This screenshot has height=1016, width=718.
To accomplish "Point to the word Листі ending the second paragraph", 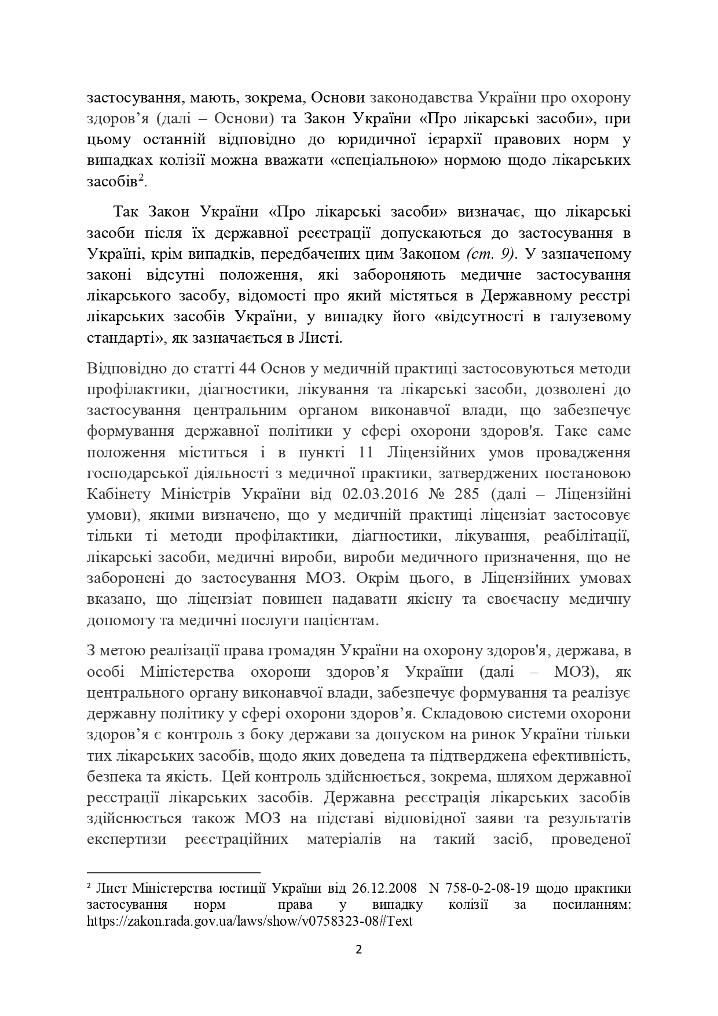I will click(326, 338).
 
